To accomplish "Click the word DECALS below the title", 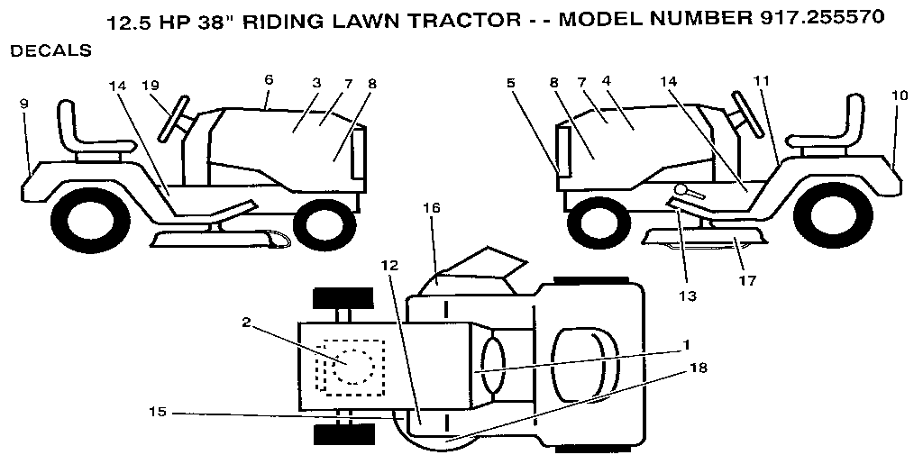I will pyautogui.click(x=50, y=51).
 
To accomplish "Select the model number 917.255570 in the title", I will pyautogui.click(x=810, y=16).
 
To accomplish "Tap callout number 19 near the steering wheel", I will pyautogui.click(x=151, y=85).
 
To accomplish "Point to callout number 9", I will pyautogui.click(x=24, y=104).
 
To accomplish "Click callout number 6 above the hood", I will pyautogui.click(x=268, y=79).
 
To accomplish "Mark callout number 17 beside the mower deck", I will pyautogui.click(x=746, y=280).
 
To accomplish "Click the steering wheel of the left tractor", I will pyautogui.click(x=174, y=118).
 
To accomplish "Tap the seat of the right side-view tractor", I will pyautogui.click(x=827, y=126).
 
